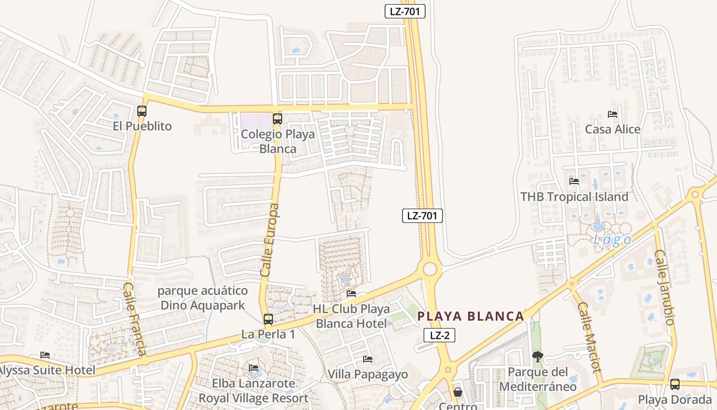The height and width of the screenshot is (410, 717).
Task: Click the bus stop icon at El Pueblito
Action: point(142,111)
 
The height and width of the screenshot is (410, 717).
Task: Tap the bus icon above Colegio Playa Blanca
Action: point(278,119)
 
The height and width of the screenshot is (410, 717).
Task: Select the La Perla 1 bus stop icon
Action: point(268,319)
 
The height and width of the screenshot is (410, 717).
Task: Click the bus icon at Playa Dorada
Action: point(675,384)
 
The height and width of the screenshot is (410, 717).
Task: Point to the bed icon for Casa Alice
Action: point(612,114)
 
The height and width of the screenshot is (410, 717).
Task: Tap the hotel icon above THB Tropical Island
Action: point(574,181)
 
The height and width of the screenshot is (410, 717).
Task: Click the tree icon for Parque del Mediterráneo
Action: point(537,357)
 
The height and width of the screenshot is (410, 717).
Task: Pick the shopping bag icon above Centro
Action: point(458,392)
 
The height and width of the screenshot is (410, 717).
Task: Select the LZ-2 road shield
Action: point(439,336)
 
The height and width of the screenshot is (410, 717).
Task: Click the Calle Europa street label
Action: point(270,240)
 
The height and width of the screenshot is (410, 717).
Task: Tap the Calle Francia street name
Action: point(135,319)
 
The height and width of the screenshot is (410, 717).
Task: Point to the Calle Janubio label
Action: point(664,287)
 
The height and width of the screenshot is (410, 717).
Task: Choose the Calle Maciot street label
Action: point(589,337)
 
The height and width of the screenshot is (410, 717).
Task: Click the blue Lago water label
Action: point(612,240)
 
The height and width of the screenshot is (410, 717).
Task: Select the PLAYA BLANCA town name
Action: point(471,316)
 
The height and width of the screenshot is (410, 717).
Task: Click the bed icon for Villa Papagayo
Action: point(367,359)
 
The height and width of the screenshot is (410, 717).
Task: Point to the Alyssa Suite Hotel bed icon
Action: point(45,355)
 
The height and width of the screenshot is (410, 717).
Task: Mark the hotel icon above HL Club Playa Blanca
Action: point(351,294)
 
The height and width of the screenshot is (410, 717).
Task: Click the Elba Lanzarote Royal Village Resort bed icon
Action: point(254,368)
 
